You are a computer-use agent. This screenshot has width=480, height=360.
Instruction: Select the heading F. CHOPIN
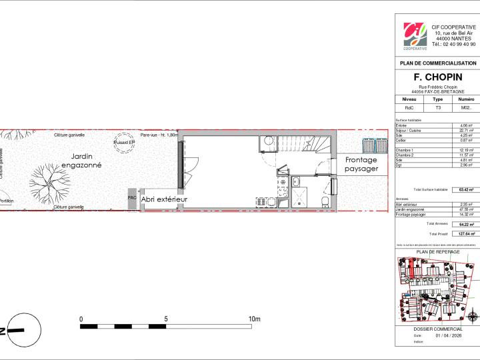(x=437, y=77)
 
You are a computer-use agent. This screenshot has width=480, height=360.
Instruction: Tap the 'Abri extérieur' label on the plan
(x=164, y=199)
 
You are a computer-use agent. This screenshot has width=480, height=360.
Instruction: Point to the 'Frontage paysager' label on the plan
(x=361, y=164)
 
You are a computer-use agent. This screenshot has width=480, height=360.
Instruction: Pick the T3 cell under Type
(x=438, y=107)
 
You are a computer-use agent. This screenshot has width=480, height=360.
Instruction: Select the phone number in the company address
(x=453, y=44)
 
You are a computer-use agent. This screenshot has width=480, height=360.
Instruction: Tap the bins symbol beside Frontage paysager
(x=373, y=145)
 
